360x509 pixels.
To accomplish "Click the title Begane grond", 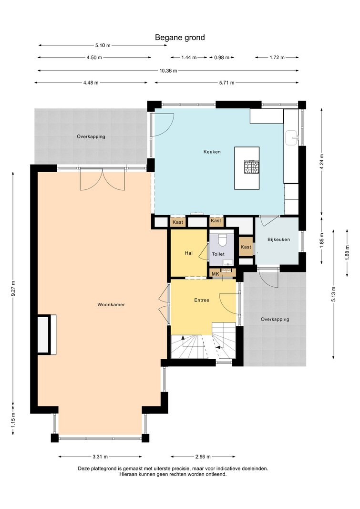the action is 180,37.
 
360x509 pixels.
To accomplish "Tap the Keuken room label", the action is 212,152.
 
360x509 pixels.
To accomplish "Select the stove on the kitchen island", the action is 252,167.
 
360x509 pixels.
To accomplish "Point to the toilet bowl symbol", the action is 223,240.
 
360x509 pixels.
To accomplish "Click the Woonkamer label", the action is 111,304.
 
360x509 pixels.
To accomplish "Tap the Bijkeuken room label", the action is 278,239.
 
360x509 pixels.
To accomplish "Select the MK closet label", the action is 216,274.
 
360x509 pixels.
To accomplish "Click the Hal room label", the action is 188,253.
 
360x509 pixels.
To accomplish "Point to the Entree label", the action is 201,300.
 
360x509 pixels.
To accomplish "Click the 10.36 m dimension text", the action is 168,71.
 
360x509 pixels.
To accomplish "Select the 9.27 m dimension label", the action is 13,288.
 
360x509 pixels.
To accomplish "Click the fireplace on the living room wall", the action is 47,334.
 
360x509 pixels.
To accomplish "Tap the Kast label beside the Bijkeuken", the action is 246,247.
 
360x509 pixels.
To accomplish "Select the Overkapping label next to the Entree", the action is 275,319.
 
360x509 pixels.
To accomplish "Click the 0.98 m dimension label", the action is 222,57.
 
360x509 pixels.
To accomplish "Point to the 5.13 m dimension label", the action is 333,294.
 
